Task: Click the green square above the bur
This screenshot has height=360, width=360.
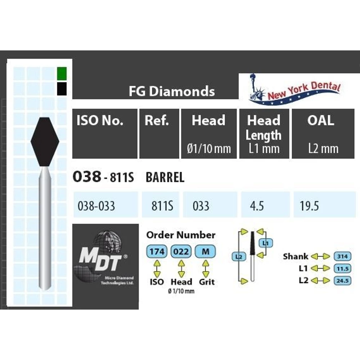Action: (x=62, y=73)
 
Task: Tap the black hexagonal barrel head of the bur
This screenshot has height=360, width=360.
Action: (x=45, y=141)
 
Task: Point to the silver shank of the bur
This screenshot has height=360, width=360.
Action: (x=45, y=230)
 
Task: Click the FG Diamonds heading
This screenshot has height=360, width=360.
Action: (x=172, y=91)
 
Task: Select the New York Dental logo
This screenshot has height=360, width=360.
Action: (x=294, y=90)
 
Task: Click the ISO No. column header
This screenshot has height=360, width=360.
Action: (x=100, y=121)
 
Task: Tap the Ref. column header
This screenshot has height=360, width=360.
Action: (x=157, y=121)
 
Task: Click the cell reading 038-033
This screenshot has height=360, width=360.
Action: (x=96, y=206)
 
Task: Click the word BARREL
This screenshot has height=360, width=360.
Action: (x=165, y=177)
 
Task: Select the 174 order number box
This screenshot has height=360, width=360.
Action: (x=157, y=252)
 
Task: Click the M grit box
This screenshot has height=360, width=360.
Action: (x=205, y=252)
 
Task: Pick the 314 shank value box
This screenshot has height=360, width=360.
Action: (x=342, y=256)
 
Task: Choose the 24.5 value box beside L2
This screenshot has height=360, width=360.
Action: (x=342, y=280)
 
